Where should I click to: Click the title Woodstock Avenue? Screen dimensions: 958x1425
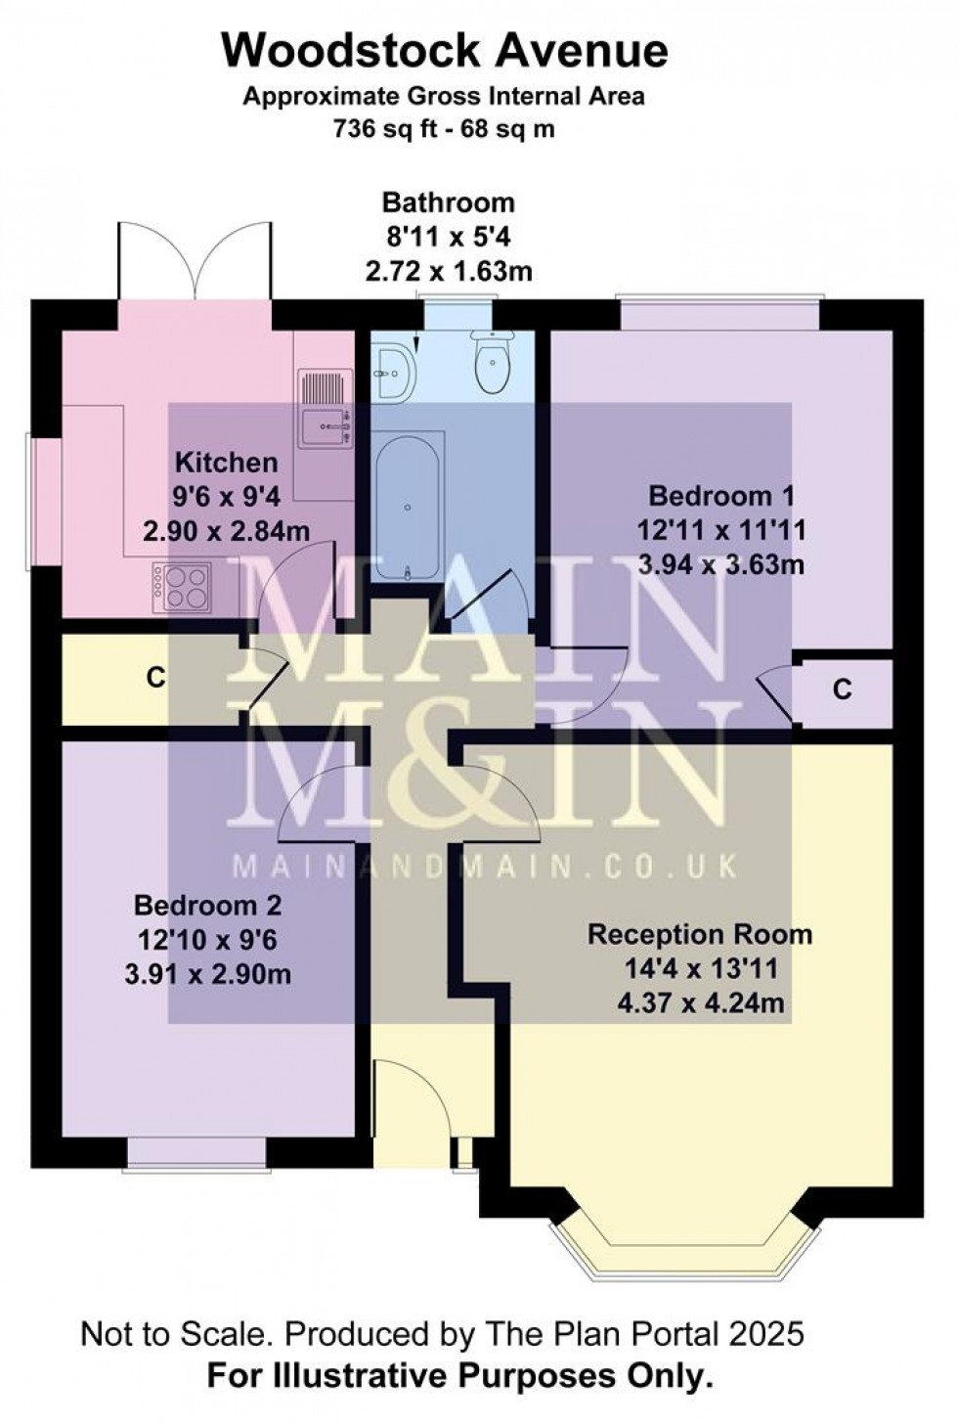445,51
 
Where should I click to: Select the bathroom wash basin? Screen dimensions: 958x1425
394,373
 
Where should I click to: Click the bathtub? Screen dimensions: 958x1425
407,505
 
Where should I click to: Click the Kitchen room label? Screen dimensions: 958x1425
227,463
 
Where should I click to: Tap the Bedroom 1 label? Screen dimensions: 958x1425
721,496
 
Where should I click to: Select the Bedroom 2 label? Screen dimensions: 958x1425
208,906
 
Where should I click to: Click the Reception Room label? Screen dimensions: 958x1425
700,935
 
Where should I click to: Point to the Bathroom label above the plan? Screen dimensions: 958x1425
448,202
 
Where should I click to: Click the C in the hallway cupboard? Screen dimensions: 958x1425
155,678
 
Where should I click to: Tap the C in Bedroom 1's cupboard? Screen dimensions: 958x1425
843,689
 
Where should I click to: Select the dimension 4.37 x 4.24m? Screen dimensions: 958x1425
701,1003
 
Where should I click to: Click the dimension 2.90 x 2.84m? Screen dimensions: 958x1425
227,530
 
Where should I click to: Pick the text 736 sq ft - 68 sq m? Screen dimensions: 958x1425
445,129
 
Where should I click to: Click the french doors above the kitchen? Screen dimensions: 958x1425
196,261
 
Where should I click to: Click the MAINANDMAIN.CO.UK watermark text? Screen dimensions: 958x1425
486,867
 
